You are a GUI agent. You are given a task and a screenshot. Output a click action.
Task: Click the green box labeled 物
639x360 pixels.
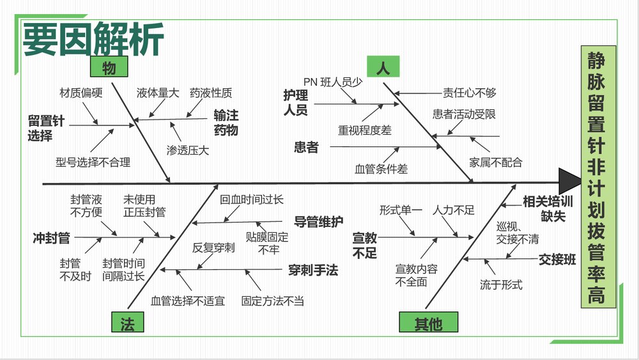point(109,66)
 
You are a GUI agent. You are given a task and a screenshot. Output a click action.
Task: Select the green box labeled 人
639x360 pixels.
point(383,67)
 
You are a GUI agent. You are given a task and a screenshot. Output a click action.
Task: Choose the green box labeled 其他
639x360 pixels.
point(428,324)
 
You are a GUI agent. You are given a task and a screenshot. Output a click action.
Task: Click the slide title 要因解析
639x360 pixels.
point(93,40)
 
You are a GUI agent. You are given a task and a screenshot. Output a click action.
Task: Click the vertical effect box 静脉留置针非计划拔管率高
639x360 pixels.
point(598,176)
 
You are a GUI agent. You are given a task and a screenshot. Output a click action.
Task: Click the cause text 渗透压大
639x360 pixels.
point(187,151)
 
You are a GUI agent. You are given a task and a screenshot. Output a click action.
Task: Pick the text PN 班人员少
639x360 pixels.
point(332,81)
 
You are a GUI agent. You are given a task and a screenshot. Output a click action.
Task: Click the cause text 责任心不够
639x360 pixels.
point(470,93)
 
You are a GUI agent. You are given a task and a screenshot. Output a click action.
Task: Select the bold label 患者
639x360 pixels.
point(305,148)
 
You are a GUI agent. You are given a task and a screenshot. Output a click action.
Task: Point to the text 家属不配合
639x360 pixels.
point(495,162)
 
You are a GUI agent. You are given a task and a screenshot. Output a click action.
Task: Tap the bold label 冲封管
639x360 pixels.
point(51,238)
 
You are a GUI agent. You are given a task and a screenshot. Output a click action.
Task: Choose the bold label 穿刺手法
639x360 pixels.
point(312,270)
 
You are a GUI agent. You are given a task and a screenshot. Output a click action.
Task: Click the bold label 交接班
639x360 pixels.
point(557,260)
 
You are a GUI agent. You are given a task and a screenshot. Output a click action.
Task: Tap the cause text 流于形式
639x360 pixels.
point(501,285)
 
